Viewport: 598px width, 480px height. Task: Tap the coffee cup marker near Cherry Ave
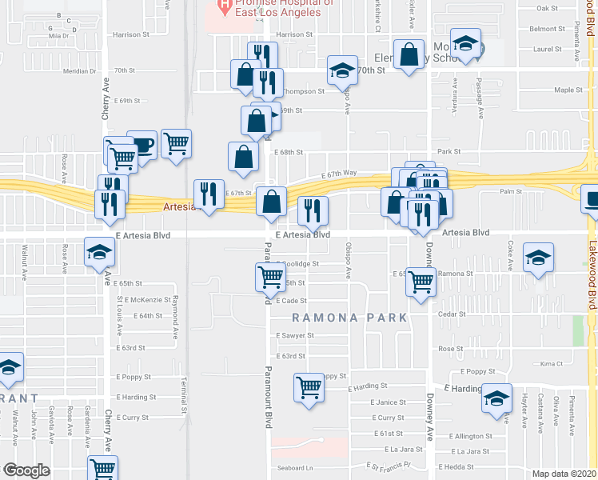click(142, 146)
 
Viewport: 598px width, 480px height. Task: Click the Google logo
click(26, 470)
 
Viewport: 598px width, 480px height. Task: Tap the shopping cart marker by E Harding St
click(308, 388)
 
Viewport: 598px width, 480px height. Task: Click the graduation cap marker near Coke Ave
click(538, 258)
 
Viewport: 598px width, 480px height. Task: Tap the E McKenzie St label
click(145, 300)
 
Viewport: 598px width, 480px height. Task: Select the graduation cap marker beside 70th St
click(342, 71)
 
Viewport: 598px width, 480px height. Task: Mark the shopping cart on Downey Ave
click(421, 281)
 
